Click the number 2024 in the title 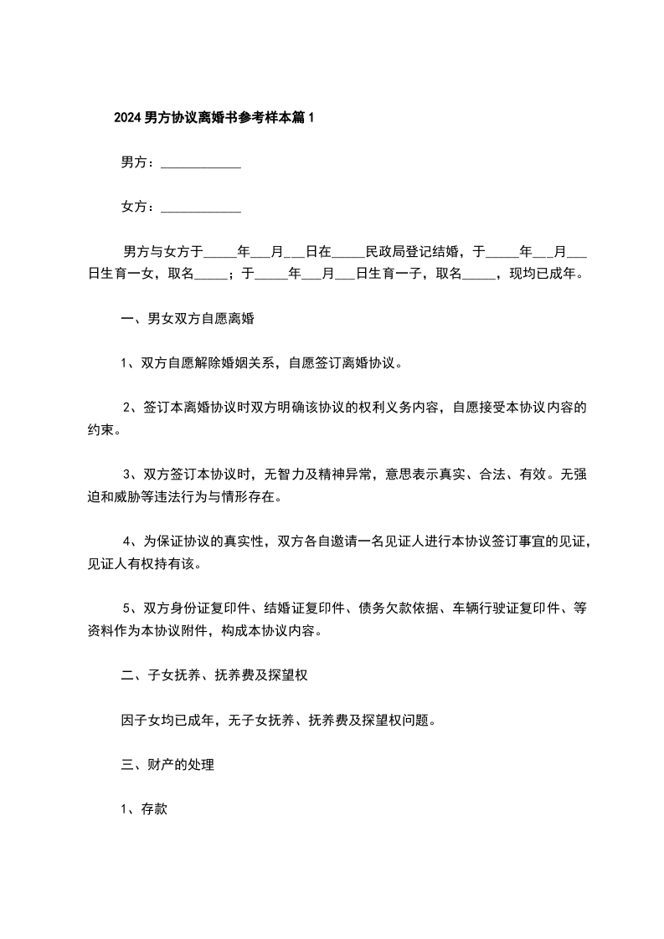pos(127,118)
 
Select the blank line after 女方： pos(200,208)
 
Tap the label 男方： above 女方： pos(137,162)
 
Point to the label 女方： pos(137,207)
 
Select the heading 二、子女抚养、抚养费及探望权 pos(215,675)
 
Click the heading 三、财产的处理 pos(167,765)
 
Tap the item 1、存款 pos(145,810)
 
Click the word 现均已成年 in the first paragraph pos(547,273)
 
